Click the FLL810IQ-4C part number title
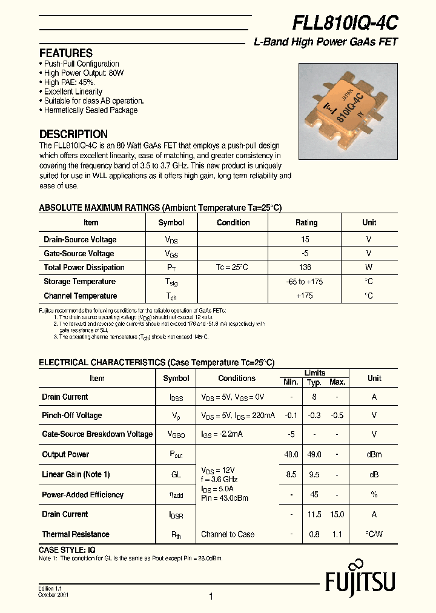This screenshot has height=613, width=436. [x=345, y=23]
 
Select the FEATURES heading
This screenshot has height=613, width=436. [x=66, y=53]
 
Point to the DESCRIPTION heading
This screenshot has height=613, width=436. [x=73, y=134]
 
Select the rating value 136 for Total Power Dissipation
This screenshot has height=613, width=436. [x=306, y=267]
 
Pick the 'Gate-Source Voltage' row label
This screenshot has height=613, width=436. [x=79, y=253]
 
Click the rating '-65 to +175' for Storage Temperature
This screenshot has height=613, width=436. [x=306, y=282]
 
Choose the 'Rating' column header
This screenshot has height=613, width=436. [x=306, y=222]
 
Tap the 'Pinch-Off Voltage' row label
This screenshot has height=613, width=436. [x=71, y=415]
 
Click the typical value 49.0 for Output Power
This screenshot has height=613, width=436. [x=314, y=454]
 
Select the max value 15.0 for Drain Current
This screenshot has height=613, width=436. [x=337, y=514]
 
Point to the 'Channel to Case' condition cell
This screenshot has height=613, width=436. [x=228, y=534]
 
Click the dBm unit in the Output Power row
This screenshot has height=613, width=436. [x=374, y=454]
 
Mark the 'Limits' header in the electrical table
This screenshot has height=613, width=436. [x=314, y=373]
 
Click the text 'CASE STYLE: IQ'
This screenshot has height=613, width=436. [x=67, y=549]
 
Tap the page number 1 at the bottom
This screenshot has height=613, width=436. [x=211, y=597]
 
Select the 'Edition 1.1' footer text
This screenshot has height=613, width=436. [x=51, y=588]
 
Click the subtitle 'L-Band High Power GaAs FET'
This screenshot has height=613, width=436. [x=325, y=42]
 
